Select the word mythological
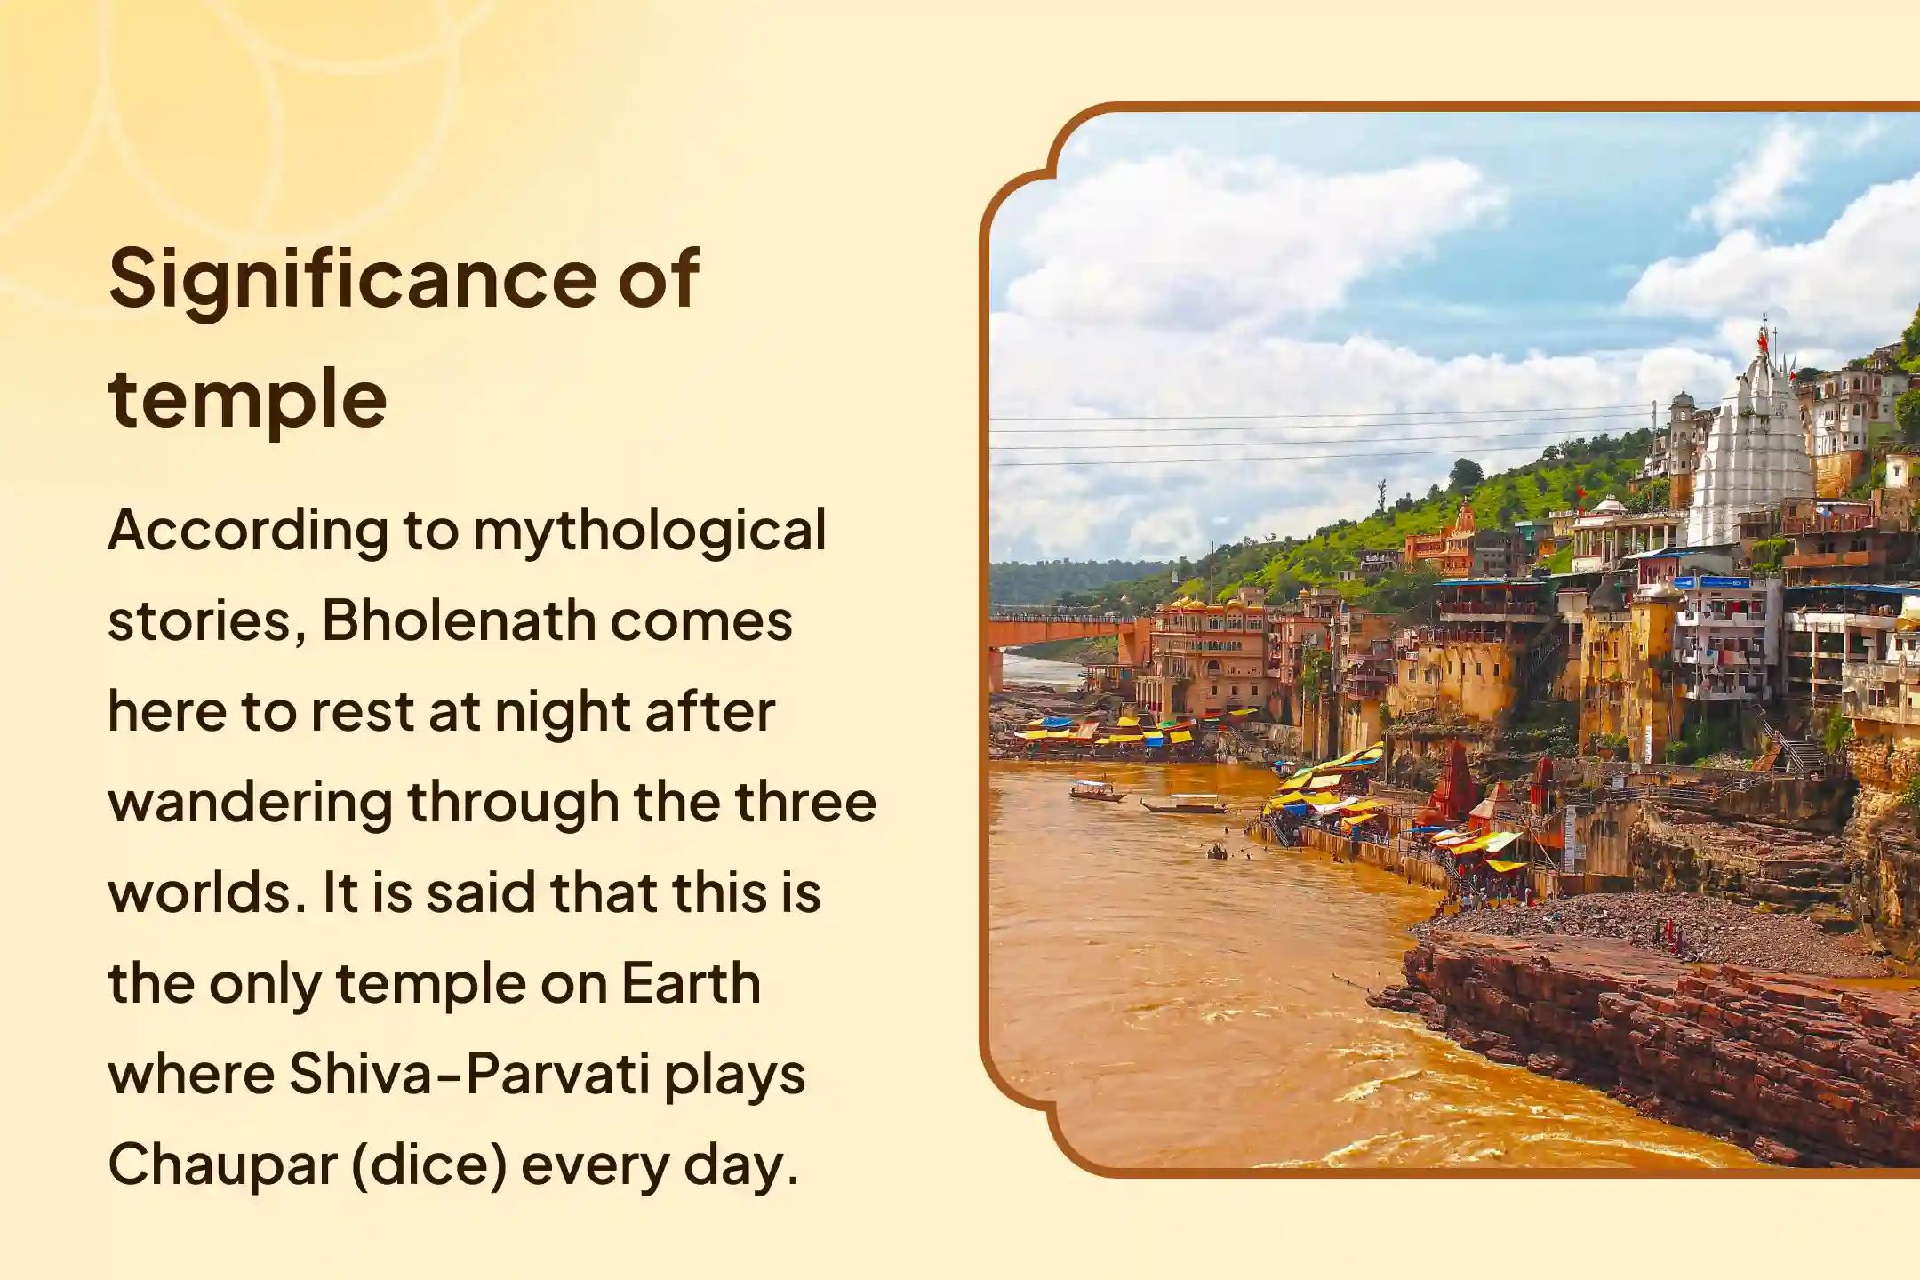click(649, 532)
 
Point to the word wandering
click(250, 803)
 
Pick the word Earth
click(691, 984)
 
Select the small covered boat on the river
click(1096, 789)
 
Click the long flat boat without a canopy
click(1183, 807)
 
